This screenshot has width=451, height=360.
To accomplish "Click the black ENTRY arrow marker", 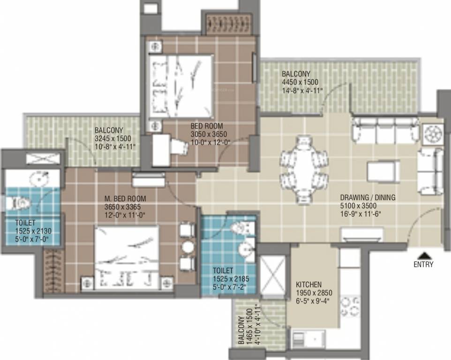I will [423, 255].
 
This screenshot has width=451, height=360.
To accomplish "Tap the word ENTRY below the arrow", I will [423, 264].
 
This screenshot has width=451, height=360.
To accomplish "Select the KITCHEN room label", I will [308, 285].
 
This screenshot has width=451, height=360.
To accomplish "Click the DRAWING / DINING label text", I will [368, 198].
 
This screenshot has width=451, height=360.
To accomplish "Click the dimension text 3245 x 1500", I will [113, 138].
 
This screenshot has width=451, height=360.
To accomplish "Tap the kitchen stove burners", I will [350, 307].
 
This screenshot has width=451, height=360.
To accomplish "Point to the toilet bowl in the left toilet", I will [18, 203].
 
